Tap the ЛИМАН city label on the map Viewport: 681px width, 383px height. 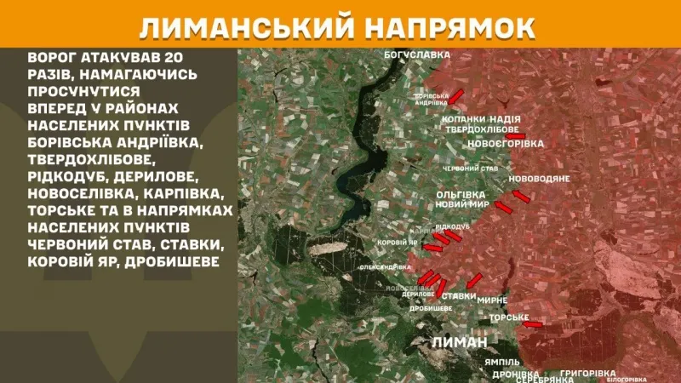(460, 341)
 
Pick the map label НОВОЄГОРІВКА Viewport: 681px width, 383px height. (505, 144)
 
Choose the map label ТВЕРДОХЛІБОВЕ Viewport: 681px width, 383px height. (482, 129)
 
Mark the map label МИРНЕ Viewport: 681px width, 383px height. (492, 300)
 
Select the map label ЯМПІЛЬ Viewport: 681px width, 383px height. (502, 362)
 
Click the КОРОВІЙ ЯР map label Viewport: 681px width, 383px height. (396, 242)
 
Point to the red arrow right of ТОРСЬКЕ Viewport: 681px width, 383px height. (533, 323)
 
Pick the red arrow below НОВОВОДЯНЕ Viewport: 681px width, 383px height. (521, 197)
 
